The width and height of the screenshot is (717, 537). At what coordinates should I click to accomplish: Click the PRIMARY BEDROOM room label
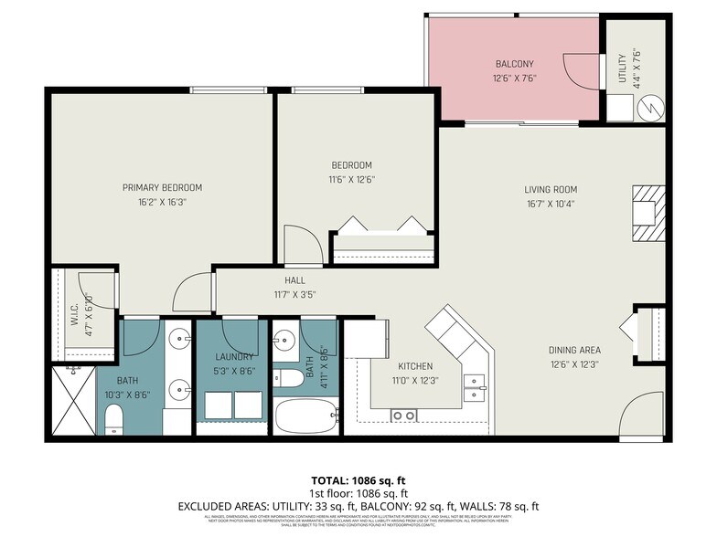[162, 188]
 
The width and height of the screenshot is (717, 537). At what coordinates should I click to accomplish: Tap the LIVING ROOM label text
[551, 190]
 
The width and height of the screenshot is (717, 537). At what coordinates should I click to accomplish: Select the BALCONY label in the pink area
[514, 64]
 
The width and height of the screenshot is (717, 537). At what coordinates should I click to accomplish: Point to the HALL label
[294, 280]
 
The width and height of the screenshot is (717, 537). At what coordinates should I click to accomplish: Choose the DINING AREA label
[574, 350]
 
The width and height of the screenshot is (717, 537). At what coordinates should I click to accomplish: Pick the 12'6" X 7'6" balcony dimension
[514, 79]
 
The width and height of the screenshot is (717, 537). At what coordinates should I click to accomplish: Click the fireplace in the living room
[647, 213]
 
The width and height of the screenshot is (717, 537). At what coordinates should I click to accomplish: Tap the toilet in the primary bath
[114, 419]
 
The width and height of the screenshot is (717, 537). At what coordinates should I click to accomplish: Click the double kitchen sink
[474, 389]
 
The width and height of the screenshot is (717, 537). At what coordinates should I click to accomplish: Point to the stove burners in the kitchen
[405, 416]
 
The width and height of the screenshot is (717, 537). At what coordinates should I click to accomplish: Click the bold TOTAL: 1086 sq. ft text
[358, 479]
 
